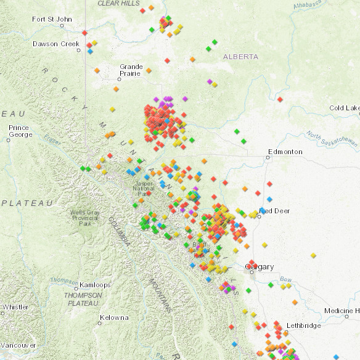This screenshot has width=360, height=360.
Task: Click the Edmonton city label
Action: [285, 152]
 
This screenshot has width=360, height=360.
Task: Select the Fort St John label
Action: [52, 19]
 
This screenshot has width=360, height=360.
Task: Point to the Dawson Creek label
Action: [55, 44]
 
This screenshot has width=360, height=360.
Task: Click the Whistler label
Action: [15, 307]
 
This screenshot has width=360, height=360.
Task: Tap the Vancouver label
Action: [17, 345]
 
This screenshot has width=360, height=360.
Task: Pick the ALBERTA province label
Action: [241, 57]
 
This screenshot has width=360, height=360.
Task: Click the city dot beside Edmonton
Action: [269, 158]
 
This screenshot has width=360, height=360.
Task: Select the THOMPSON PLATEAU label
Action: [83, 299]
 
